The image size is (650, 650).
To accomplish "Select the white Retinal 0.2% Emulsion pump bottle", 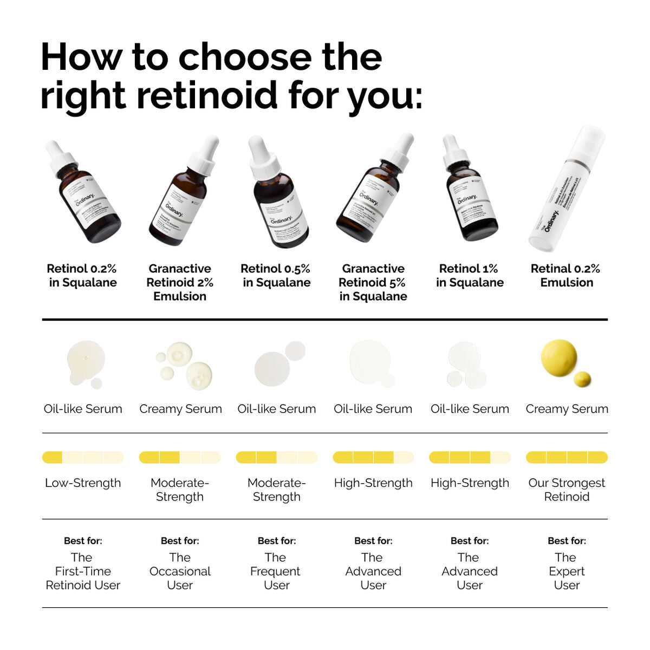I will click(x=566, y=190).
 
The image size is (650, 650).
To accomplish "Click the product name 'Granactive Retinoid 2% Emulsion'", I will click(x=180, y=282).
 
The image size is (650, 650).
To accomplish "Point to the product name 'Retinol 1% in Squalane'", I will click(x=470, y=275).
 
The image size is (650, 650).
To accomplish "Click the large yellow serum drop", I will click(x=559, y=357).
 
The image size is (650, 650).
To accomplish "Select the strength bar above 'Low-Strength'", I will click(x=83, y=458).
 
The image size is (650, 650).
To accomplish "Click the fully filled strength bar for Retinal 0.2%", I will click(x=567, y=458).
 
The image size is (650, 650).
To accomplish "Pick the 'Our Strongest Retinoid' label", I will click(x=567, y=490).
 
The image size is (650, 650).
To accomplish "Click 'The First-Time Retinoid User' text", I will click(x=83, y=571).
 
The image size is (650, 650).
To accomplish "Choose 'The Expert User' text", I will click(x=567, y=571).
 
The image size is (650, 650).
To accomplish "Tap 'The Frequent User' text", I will click(x=276, y=571).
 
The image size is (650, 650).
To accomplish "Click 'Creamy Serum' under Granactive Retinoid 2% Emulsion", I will click(x=180, y=409).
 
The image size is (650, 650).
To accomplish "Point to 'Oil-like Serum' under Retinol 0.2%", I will click(x=83, y=409).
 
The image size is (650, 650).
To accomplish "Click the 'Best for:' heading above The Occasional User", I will click(x=180, y=541).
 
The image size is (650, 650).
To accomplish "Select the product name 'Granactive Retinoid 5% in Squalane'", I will click(x=373, y=282).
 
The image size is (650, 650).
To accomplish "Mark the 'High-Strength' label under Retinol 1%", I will click(x=470, y=483).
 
